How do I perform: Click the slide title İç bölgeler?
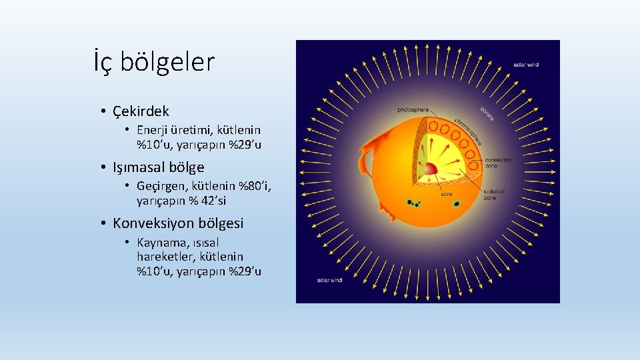(154, 63)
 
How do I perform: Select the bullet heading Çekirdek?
(141, 111)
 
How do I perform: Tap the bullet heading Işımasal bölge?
(158, 167)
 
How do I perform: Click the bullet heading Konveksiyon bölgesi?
(178, 223)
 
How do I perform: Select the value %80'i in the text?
(255, 186)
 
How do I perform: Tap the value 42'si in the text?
(211, 201)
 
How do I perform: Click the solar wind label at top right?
(526, 65)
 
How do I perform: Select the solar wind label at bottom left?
(329, 280)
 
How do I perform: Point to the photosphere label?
(413, 109)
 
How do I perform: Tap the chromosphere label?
(469, 131)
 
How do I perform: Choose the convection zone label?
(499, 163)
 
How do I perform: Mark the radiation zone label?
(494, 195)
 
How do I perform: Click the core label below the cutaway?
(446, 195)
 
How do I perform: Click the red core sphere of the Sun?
(432, 169)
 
